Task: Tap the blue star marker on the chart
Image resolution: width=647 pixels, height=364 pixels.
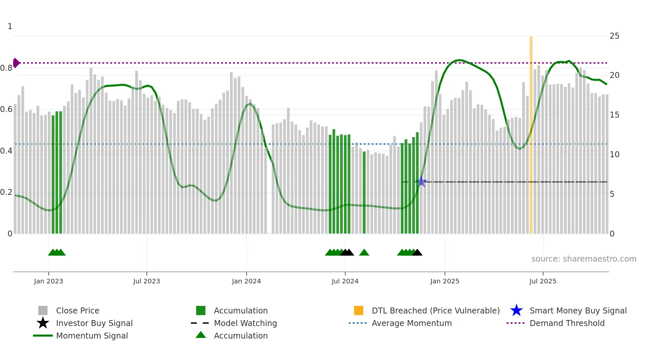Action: click(x=421, y=182)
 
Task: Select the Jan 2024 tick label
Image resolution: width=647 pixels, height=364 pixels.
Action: click(x=246, y=281)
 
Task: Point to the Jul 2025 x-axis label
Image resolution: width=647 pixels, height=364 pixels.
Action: click(x=543, y=281)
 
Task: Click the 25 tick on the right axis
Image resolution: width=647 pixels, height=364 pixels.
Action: click(x=614, y=36)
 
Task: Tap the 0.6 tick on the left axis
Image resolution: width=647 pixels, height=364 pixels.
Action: click(x=6, y=109)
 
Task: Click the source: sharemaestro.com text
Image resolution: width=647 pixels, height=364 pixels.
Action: click(x=584, y=259)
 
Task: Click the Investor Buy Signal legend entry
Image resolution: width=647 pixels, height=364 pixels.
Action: click(x=94, y=323)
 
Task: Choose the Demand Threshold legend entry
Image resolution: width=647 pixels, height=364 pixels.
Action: click(x=567, y=323)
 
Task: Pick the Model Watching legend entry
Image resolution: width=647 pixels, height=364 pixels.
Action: click(x=245, y=323)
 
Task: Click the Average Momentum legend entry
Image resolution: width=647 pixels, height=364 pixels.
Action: click(x=411, y=323)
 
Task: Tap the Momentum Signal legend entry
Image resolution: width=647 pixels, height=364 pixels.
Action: click(x=92, y=336)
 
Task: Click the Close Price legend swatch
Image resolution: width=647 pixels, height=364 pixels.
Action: click(x=43, y=311)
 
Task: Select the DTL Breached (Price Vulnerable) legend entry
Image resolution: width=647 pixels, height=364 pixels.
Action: click(x=435, y=311)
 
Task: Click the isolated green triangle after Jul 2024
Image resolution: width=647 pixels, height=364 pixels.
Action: click(x=364, y=253)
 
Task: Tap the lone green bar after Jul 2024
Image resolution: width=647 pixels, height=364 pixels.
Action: click(x=364, y=192)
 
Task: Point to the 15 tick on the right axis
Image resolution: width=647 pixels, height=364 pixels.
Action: click(x=614, y=115)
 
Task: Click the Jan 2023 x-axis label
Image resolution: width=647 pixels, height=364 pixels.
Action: click(x=49, y=281)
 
